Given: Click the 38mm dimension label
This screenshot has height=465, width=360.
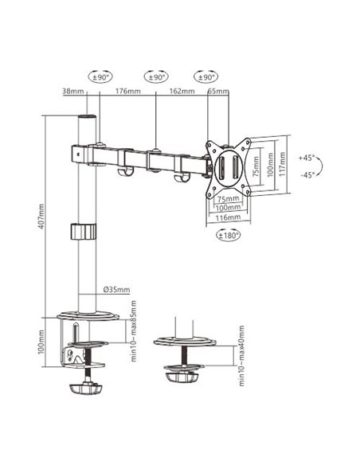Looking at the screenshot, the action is click(x=73, y=91).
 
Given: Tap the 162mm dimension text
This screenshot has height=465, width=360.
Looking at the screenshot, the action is click(x=182, y=91).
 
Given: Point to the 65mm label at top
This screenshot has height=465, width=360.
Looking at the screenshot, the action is click(x=218, y=91).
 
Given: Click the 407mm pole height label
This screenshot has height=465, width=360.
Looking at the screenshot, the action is click(x=41, y=217).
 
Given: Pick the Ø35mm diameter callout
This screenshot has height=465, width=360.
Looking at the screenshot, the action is click(x=116, y=290).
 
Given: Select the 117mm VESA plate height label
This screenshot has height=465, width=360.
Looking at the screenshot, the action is click(x=282, y=164).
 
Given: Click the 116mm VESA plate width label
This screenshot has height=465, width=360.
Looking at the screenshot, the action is click(x=228, y=217).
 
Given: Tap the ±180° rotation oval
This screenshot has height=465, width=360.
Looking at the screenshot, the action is click(x=229, y=236).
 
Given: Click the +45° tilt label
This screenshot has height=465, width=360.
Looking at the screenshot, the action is click(x=307, y=158).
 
